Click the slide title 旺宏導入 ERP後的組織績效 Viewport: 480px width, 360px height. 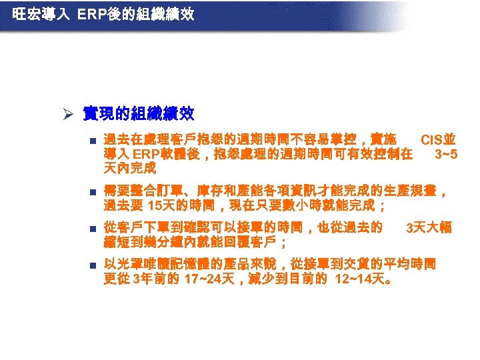[x=103, y=13]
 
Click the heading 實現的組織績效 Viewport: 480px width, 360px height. [x=138, y=114]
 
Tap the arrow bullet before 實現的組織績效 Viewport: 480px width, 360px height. [x=69, y=114]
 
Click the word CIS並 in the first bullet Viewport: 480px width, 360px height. [x=438, y=140]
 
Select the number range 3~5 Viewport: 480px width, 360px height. [x=446, y=155]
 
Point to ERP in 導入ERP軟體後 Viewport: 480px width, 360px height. [x=141, y=155]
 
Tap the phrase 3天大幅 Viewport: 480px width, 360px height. [x=429, y=228]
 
